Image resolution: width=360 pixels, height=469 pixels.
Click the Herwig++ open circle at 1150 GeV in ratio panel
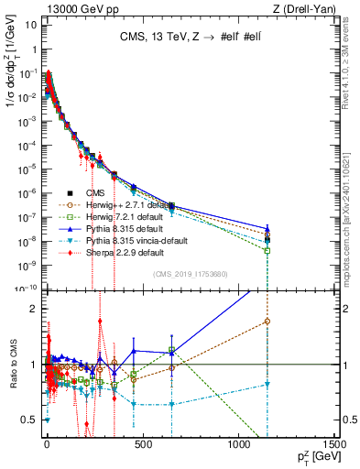tap(267, 321)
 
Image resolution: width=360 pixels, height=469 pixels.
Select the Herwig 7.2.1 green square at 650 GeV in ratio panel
tap(170, 350)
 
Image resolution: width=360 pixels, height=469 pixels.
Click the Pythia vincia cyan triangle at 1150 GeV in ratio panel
tap(267, 385)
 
